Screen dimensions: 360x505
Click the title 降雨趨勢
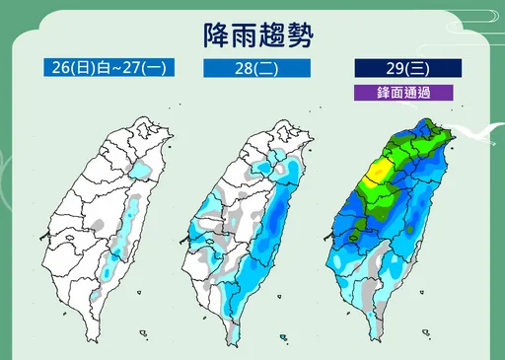252,36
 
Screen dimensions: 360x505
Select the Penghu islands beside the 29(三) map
330,237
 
